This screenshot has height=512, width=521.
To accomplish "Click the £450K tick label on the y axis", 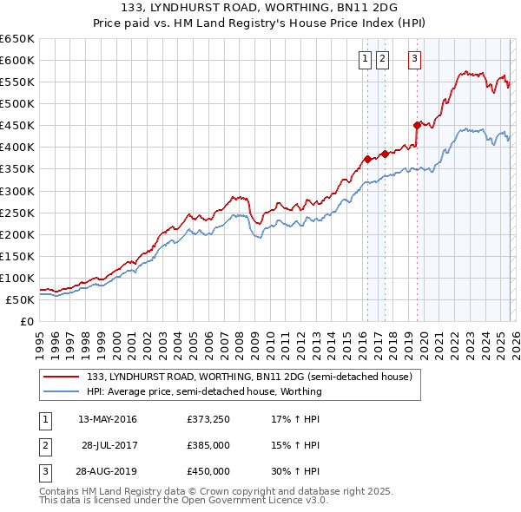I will coord(17,125).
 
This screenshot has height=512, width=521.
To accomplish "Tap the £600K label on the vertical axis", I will coord(17,60).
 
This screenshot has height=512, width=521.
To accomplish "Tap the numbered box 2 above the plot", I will coord(383,59).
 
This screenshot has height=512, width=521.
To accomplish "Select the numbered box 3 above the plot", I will coord(414,59).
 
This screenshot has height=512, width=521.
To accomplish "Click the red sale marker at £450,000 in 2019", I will coord(418,125).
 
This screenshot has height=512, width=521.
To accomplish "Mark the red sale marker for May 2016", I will coord(367,159).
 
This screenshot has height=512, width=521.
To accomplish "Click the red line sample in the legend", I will coord(62,377).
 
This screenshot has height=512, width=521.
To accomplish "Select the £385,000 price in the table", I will coord(208,445).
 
